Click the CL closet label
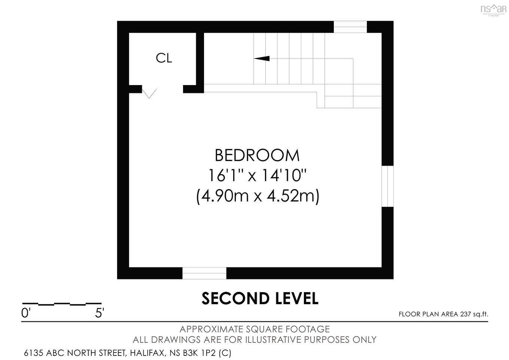(164, 58)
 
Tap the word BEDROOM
(257, 155)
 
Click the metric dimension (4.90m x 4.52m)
(257, 196)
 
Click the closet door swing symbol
(149, 93)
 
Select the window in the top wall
(350, 27)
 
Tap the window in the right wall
(387, 186)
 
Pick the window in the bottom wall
(204, 273)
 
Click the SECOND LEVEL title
(260, 299)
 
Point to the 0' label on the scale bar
(25, 313)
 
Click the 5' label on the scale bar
(99, 313)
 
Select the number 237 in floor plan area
(465, 314)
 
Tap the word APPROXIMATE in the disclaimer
(211, 329)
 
